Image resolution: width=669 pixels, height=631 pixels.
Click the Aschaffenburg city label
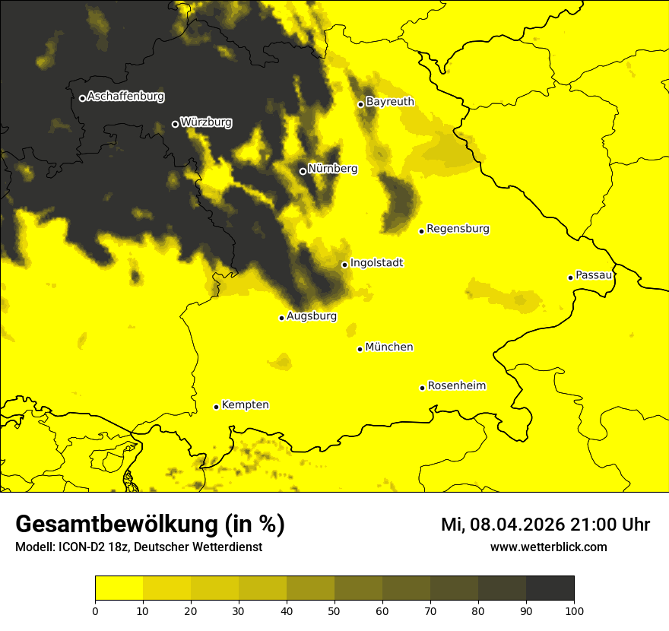pyautogui.click(x=125, y=97)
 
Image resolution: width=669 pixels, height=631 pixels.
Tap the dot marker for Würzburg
pyautogui.click(x=175, y=124)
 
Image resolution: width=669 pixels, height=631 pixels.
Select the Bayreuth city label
pyautogui.click(x=390, y=102)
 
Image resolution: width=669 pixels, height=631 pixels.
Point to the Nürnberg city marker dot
pyautogui.click(x=303, y=171)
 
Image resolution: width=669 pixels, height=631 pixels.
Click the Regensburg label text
pyautogui.click(x=458, y=229)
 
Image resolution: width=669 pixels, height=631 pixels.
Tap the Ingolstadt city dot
pyautogui.click(x=344, y=265)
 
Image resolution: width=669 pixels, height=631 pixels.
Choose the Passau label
pyautogui.click(x=594, y=275)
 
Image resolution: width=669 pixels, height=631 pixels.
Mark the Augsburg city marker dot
pyautogui.click(x=281, y=318)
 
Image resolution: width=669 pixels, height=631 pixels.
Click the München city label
pyautogui.click(x=389, y=347)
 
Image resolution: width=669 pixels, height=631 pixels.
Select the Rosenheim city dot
pyautogui.click(x=422, y=388)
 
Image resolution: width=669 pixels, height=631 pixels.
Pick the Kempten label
pyautogui.click(x=245, y=405)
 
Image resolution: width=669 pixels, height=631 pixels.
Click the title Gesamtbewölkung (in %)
pyautogui.click(x=150, y=525)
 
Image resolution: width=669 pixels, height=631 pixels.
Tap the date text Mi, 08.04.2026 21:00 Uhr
pyautogui.click(x=545, y=525)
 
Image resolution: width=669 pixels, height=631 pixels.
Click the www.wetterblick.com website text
pyautogui.click(x=548, y=547)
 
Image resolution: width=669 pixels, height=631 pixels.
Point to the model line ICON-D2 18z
pyautogui.click(x=138, y=547)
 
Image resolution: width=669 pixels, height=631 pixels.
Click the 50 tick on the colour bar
pyautogui.click(x=334, y=610)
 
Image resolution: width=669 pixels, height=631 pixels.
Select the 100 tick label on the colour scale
pyautogui.click(x=574, y=610)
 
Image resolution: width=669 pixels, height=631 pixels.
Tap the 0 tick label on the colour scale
pyautogui.click(x=95, y=610)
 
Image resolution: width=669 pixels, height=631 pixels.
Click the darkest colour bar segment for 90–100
pyautogui.click(x=550, y=588)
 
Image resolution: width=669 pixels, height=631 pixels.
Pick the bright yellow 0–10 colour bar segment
pyautogui.click(x=119, y=588)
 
